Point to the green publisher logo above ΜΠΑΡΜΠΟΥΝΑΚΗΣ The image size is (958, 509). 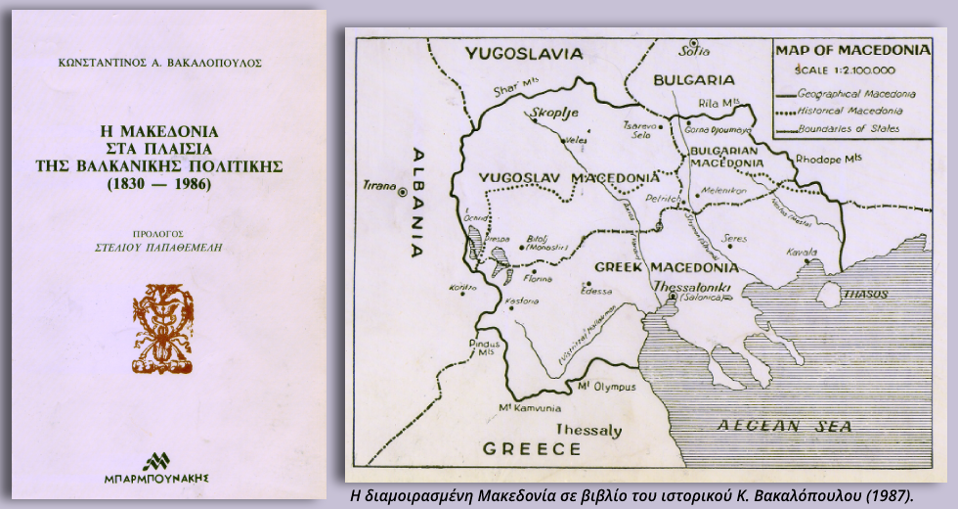pos(156,460)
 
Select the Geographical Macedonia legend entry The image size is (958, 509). pos(855,94)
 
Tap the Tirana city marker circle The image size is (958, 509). pos(402,193)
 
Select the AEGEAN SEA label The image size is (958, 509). pos(784,426)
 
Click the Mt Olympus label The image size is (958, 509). pos(607,387)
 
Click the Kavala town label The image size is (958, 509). pos(802,253)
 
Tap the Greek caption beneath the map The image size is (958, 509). pos(631,495)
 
